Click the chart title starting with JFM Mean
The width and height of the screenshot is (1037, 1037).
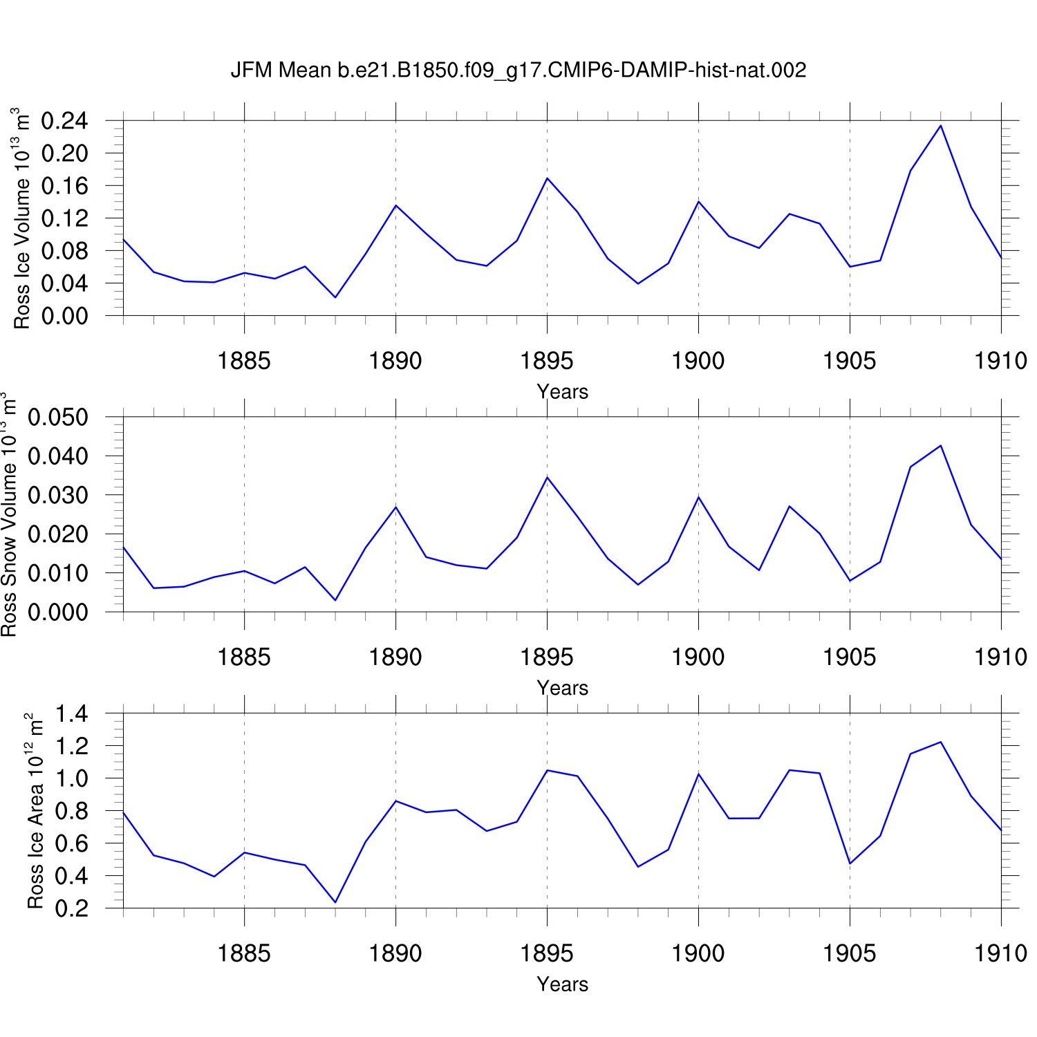tap(518, 71)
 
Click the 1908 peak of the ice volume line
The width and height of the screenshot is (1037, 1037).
tap(941, 125)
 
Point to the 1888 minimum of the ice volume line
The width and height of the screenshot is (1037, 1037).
tap(335, 297)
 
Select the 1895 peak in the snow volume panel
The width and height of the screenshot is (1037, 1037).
tap(547, 477)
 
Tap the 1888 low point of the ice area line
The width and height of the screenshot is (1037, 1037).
tap(335, 902)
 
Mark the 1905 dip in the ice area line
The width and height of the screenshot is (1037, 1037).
tap(850, 863)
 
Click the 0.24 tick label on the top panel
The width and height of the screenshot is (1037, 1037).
tap(65, 121)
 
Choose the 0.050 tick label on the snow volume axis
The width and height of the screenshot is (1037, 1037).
tap(58, 418)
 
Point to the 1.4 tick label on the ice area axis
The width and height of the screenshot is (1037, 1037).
tap(72, 713)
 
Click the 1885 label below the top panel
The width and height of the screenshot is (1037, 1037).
tap(244, 361)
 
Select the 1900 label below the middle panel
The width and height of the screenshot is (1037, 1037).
tap(698, 657)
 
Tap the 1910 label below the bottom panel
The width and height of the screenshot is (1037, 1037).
tap(1000, 954)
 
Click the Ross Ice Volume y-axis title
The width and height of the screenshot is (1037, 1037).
tap(22, 218)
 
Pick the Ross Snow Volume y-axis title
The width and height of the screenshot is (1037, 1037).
tap(9, 514)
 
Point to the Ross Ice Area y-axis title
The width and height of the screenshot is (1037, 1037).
tap(35, 811)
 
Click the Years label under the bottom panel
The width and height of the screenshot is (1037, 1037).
tap(562, 984)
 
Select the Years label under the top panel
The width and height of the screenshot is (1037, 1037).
tap(562, 392)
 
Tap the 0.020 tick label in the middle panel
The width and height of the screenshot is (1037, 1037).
tap(58, 534)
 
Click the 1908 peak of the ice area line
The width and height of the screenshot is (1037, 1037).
tap(941, 742)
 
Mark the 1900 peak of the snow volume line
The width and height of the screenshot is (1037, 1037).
tap(698, 497)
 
